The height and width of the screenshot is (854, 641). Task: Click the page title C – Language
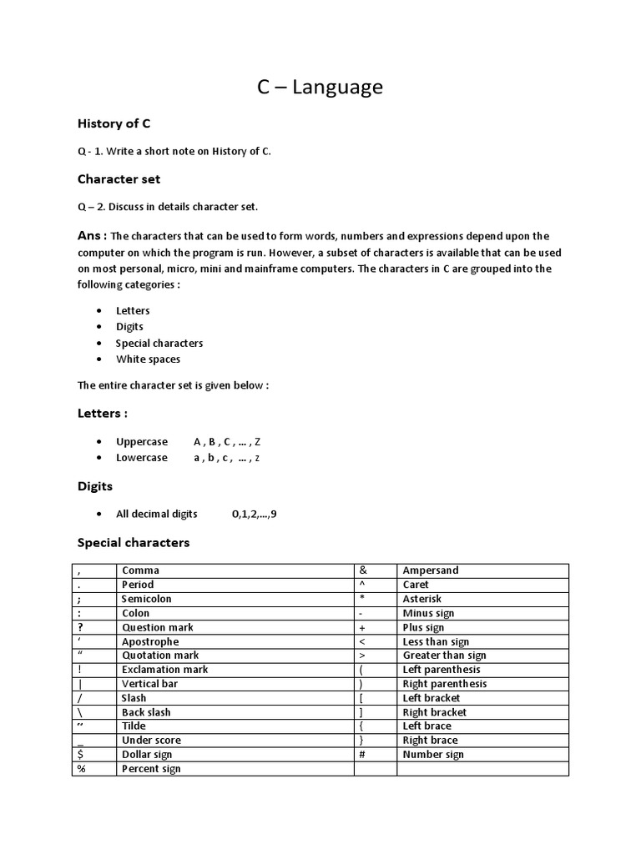point(320,87)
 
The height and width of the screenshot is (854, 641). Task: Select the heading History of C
point(114,123)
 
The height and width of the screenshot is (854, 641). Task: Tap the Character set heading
point(119,178)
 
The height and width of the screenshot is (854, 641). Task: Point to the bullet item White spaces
point(148,359)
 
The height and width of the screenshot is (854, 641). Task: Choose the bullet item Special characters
point(159,343)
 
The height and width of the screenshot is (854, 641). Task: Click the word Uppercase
point(141,441)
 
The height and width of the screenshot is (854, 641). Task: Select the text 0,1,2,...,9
point(254,514)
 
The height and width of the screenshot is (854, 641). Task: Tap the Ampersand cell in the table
point(431,570)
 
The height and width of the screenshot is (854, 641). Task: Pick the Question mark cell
point(157,627)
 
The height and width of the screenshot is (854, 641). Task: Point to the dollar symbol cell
point(81,754)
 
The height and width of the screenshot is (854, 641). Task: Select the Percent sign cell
point(151,769)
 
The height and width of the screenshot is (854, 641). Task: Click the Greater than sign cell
point(444,656)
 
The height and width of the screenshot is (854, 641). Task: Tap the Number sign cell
point(433,754)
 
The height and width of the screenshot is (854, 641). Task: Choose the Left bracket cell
point(431,698)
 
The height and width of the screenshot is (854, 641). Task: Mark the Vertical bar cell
point(149,684)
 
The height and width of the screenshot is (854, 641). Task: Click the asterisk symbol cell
point(363,599)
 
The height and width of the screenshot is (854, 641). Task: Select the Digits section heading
point(95,485)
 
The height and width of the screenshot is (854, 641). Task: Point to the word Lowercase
point(141,458)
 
